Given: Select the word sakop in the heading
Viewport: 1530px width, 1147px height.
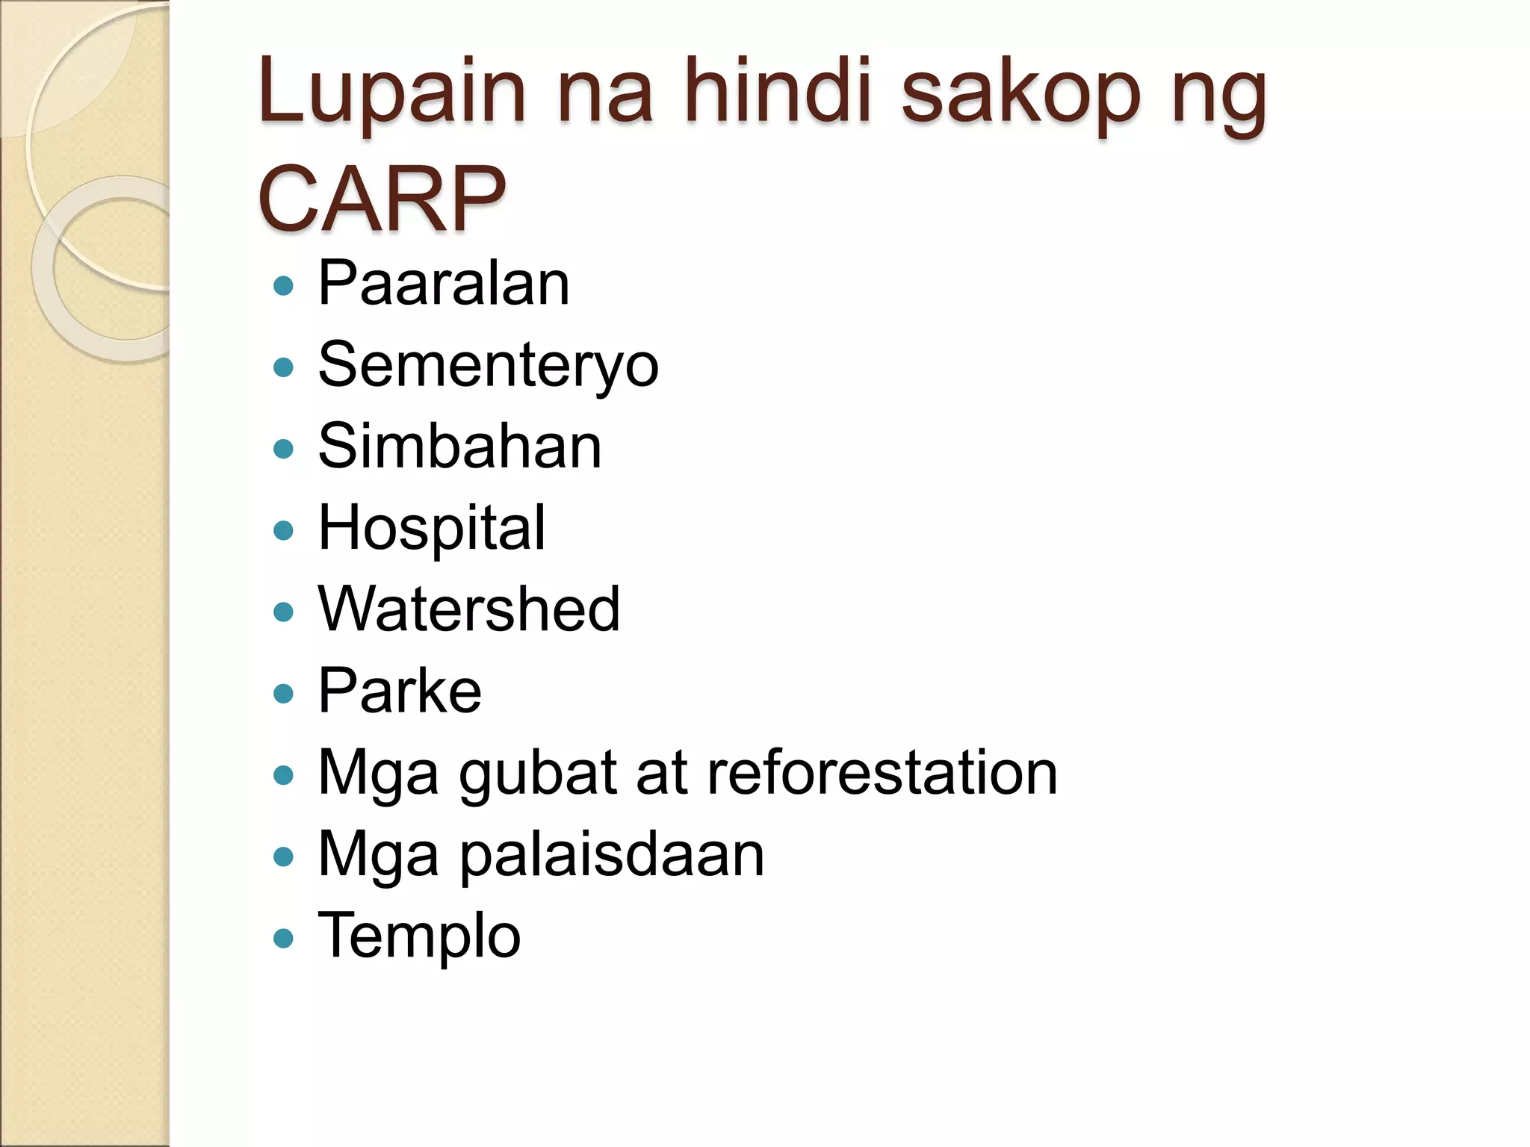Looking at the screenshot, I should click(x=1020, y=93).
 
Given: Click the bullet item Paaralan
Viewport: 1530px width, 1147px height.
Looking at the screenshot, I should click(x=444, y=283).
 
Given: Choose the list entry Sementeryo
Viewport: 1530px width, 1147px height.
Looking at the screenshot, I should click(x=488, y=366).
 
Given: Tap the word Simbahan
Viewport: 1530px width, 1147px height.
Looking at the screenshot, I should click(x=459, y=446).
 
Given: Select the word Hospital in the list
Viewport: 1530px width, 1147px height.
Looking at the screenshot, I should click(x=432, y=529).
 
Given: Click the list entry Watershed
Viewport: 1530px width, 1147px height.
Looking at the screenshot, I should click(x=468, y=609).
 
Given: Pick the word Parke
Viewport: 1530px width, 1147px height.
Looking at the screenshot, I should click(x=400, y=691).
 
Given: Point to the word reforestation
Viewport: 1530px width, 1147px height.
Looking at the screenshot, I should click(x=882, y=772).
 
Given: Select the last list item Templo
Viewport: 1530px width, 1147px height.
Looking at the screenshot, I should click(x=419, y=936).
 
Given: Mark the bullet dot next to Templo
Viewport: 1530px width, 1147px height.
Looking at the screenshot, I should click(x=284, y=938).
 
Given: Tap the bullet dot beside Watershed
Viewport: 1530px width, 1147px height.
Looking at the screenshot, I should click(x=284, y=612).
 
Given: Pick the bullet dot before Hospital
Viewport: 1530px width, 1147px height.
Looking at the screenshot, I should click(x=284, y=530).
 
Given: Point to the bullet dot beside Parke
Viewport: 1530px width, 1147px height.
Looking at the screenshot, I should click(x=284, y=694).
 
